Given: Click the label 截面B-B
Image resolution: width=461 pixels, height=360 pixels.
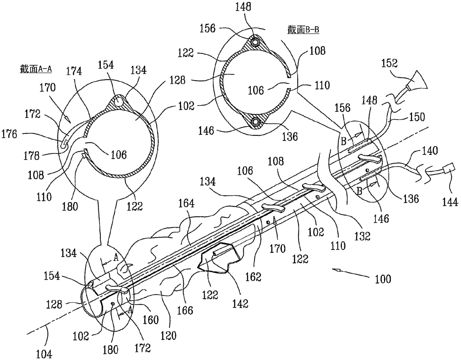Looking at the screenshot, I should (303, 30).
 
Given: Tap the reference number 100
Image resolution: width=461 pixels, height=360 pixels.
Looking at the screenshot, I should (383, 279).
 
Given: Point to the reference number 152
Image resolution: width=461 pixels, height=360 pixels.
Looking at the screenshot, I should (390, 63).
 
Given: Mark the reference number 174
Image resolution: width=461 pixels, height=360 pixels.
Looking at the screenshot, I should (74, 71).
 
